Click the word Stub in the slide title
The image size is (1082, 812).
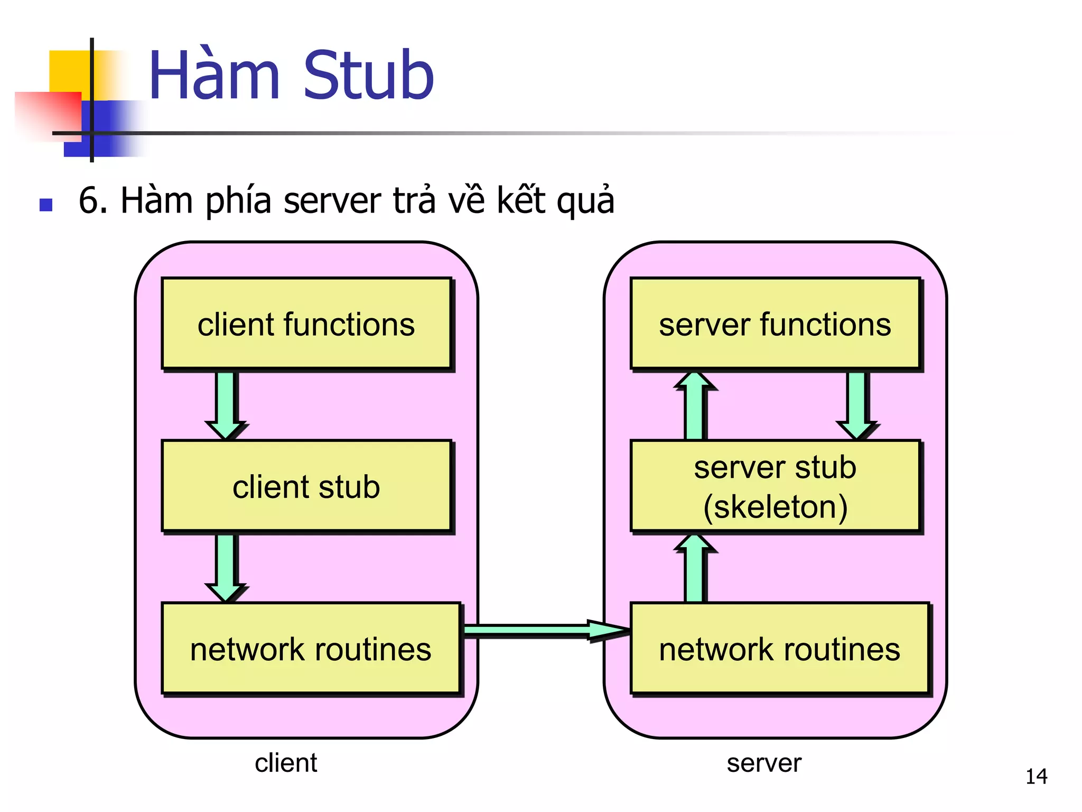368,76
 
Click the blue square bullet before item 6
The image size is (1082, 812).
46,205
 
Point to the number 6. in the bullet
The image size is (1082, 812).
93,201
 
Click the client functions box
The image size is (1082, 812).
306,324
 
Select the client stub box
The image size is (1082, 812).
306,486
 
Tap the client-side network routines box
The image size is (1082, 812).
311,649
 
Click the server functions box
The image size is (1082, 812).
775,324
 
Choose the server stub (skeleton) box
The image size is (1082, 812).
775,486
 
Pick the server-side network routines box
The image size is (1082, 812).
779,649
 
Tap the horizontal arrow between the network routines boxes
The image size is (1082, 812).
544,630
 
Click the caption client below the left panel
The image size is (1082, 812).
286,763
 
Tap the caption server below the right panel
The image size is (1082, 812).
764,763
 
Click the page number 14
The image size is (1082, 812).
1036,777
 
